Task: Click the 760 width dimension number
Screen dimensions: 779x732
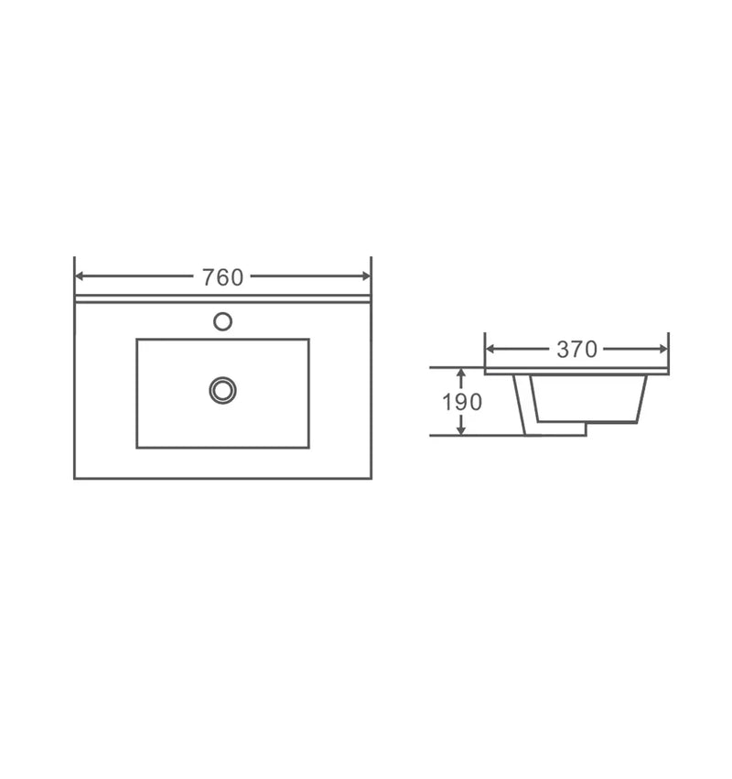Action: click(222, 276)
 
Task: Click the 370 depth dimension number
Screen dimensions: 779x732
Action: click(576, 350)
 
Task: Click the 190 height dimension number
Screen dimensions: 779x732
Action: click(462, 402)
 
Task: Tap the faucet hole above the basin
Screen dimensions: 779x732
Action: click(222, 321)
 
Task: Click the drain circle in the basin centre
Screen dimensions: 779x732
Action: click(222, 390)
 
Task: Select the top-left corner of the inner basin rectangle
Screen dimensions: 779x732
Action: click(137, 340)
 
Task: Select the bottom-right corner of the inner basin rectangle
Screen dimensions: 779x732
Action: click(308, 448)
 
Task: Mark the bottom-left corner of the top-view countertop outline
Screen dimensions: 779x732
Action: click(74, 478)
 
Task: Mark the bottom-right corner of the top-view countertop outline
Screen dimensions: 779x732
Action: click(371, 478)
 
